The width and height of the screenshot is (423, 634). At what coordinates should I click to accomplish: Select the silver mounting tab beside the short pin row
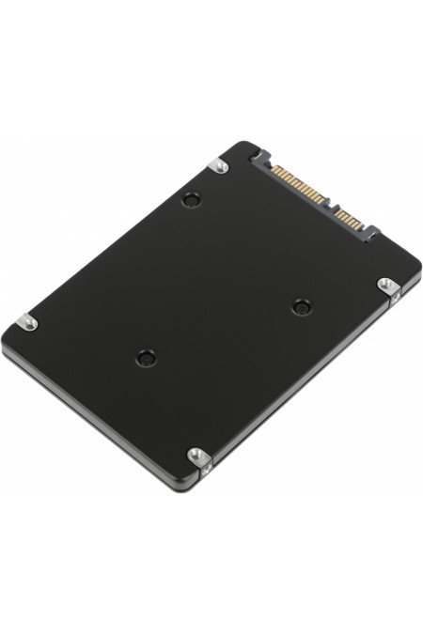385,285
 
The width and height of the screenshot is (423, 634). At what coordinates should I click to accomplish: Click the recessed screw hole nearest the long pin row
192,199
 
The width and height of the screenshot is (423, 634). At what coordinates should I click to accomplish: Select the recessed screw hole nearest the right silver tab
301,306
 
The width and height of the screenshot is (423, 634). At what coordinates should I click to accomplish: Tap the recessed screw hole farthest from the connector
145,357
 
